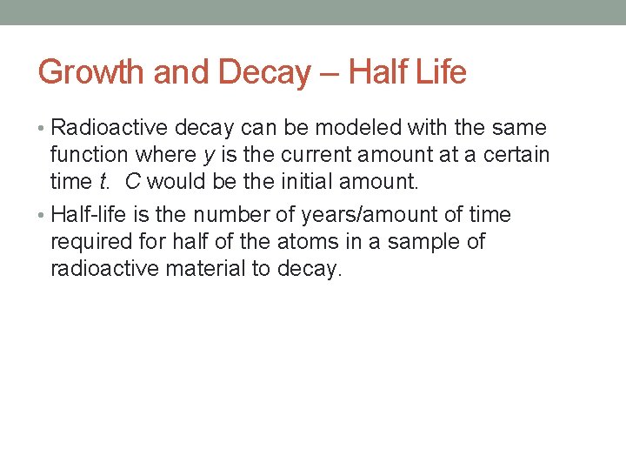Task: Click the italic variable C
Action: coord(133,182)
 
